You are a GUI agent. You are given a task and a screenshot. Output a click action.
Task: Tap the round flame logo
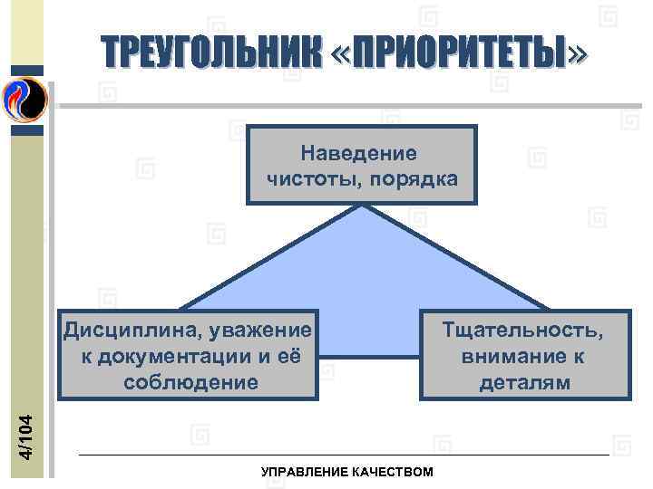pos(24,98)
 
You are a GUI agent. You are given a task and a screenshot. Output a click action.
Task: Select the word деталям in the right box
pos(525,381)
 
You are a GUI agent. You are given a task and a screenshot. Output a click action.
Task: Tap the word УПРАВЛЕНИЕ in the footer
pos(301,472)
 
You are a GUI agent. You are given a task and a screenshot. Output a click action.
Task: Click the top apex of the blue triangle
pos(363,206)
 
